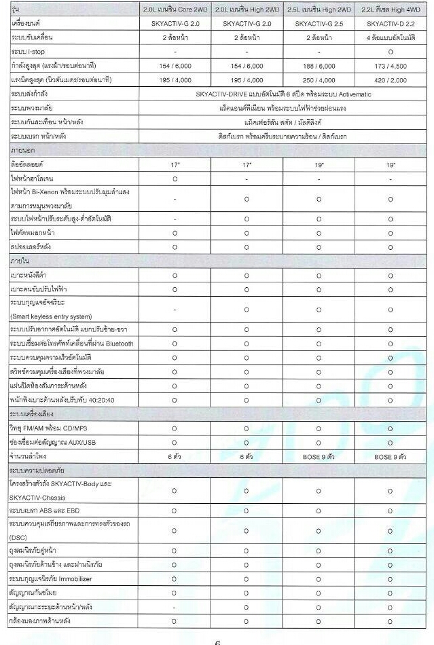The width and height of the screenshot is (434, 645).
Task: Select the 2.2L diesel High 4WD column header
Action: point(391,10)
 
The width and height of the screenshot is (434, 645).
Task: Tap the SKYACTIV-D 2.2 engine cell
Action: point(391,23)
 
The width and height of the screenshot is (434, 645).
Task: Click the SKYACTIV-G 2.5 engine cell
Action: point(319,23)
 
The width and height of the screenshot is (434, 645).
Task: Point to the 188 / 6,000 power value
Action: point(319,65)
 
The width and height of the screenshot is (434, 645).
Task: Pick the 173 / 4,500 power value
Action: point(391,65)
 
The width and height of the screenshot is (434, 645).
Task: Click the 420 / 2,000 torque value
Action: point(391,79)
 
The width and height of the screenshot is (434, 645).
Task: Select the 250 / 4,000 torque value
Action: point(319,79)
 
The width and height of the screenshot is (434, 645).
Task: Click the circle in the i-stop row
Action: point(391,52)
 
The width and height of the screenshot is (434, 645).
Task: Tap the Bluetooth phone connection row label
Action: point(72,344)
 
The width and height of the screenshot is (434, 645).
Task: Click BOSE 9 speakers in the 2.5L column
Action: point(319,457)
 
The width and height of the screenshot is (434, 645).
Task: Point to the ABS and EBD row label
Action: point(45,509)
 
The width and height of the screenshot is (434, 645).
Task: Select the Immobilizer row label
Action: point(51,579)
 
